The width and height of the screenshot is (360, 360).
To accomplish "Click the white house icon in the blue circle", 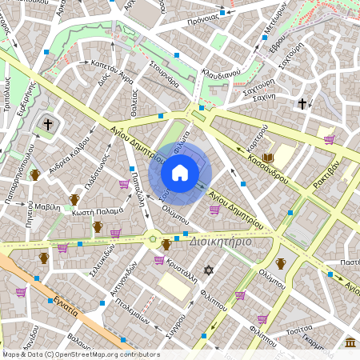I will pyautogui.click(x=180, y=173).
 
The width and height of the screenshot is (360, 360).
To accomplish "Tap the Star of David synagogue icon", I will pyautogui.click(x=210, y=271).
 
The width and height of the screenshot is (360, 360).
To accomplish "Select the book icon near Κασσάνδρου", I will pyautogui.click(x=268, y=158).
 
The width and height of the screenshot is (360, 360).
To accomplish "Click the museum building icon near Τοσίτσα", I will pyautogui.click(x=350, y=342).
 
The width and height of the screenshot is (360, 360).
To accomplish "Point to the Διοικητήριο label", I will pyautogui.click(x=220, y=241).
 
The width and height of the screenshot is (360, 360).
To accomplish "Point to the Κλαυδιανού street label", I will pyautogui.click(x=222, y=73).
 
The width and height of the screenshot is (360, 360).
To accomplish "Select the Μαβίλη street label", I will pyautogui.click(x=46, y=206).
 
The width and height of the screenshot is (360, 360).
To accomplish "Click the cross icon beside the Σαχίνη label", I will pyautogui.click(x=302, y=103).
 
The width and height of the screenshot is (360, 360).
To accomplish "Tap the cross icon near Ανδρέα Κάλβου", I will pyautogui.click(x=47, y=125).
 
